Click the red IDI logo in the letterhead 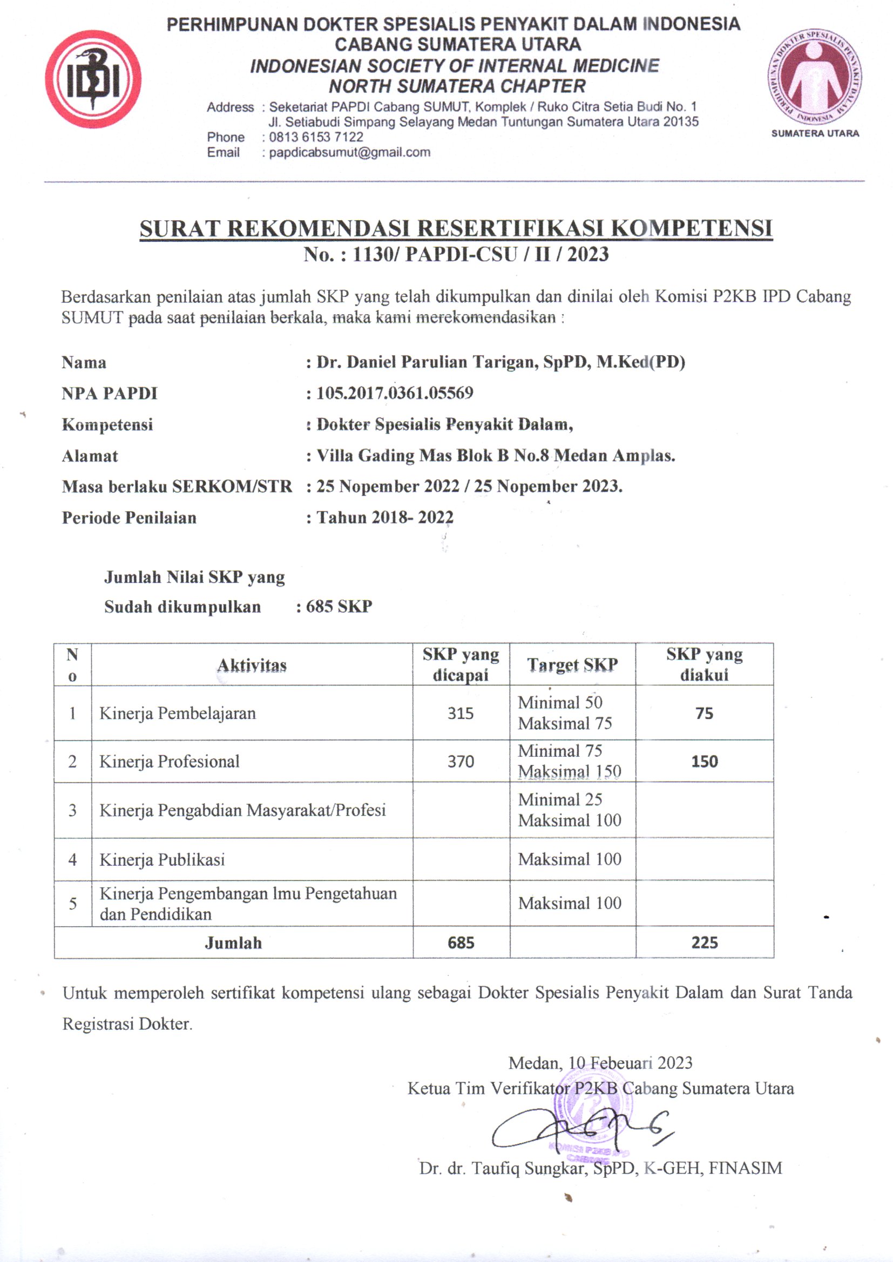click(93, 79)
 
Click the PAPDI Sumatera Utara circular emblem click(814, 77)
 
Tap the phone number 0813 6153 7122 click(316, 137)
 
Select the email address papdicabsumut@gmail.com click(349, 152)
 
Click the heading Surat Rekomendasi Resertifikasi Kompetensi click(456, 228)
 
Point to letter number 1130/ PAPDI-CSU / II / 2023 click(456, 254)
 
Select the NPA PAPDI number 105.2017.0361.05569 click(394, 393)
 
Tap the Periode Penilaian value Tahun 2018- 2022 click(385, 517)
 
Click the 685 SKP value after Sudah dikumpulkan click(339, 606)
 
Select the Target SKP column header click(572, 664)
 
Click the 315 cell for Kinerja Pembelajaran click(460, 713)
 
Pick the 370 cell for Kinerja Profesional click(460, 761)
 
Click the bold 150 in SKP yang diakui click(705, 761)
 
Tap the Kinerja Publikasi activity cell click(162, 860)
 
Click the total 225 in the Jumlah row click(705, 942)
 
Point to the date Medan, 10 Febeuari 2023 click(600, 1063)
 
